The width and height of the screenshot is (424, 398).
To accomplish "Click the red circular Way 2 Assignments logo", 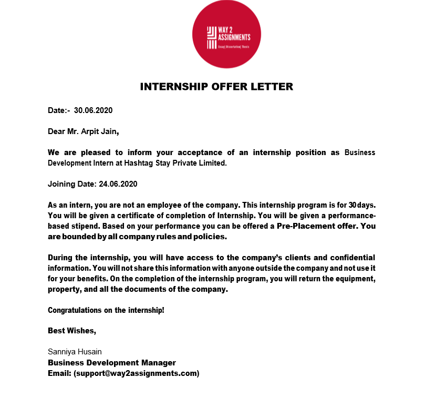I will click(226, 34).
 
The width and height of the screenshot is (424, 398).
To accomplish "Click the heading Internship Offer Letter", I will click(216, 87).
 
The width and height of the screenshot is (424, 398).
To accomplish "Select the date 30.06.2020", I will click(94, 110).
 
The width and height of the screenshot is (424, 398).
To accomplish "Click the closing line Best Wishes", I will click(72, 331).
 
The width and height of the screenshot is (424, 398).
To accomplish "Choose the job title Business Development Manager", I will click(112, 363).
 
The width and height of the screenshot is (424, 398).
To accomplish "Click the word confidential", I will click(353, 258).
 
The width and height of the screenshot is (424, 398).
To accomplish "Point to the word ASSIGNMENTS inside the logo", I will click(234, 37).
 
